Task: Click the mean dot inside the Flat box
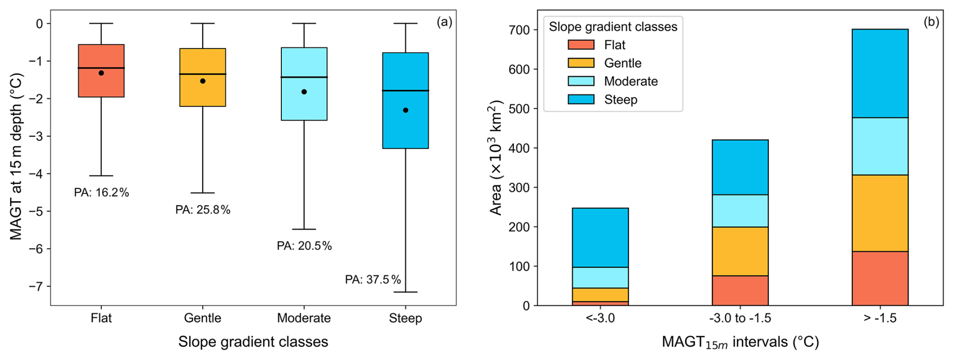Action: tap(101, 73)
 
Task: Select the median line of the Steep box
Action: tap(405, 91)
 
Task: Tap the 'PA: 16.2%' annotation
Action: tap(101, 193)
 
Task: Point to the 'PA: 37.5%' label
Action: tap(373, 280)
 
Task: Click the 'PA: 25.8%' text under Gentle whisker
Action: tap(203, 210)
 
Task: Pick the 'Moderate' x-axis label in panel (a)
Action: tap(304, 318)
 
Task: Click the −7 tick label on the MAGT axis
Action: tap(36, 286)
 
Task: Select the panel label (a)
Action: tap(444, 22)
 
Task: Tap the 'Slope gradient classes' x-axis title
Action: tap(253, 342)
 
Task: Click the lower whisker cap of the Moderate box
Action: tap(304, 229)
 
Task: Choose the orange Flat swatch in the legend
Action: tap(581, 45)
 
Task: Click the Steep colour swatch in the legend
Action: tap(581, 99)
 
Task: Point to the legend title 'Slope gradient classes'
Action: tap(613, 27)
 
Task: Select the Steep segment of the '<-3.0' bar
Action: tap(600, 237)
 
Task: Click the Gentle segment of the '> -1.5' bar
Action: tap(880, 213)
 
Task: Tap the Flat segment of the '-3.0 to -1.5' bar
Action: tap(740, 290)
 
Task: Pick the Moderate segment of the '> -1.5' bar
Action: tap(880, 146)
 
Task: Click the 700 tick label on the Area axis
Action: tap(520, 30)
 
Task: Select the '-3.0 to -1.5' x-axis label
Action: tap(740, 318)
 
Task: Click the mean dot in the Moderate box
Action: tap(304, 92)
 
